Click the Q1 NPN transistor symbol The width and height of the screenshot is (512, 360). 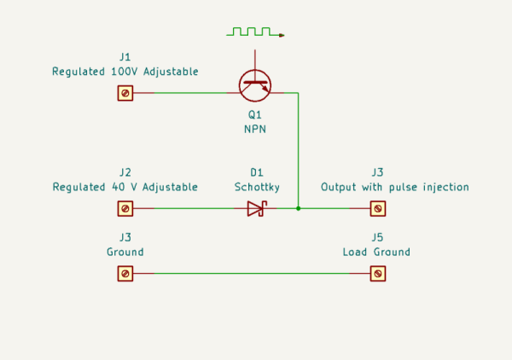point(254,86)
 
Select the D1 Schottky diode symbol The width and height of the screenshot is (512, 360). point(258,208)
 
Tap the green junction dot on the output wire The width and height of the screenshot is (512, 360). point(298,208)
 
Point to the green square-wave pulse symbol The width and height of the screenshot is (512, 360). point(255,32)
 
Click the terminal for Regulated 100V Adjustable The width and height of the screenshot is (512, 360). point(125,93)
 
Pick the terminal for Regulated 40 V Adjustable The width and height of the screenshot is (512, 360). point(125,208)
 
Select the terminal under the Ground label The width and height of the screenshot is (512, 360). point(125,274)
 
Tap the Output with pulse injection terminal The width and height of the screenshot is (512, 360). point(378,208)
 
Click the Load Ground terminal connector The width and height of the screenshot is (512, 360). point(378,274)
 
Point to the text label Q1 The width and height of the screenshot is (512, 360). point(255,115)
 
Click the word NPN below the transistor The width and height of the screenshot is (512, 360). point(255,130)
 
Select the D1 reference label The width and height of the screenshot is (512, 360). point(257,172)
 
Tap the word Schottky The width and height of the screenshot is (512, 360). point(257,187)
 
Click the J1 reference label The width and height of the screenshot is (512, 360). point(125,57)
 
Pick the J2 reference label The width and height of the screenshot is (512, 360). point(125,172)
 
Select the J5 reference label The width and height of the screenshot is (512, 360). point(377,237)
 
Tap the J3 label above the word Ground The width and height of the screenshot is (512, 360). point(125,237)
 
